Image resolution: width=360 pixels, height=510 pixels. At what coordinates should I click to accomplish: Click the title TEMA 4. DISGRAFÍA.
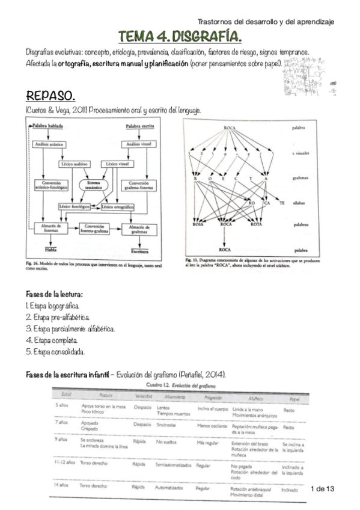click(180, 37)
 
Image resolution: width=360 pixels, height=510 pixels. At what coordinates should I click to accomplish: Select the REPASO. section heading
click(51, 96)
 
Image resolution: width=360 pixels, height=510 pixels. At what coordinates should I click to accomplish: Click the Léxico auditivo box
click(75, 164)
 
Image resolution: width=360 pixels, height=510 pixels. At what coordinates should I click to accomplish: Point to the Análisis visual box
click(138, 144)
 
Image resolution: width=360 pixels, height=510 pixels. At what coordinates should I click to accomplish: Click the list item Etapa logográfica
click(54, 306)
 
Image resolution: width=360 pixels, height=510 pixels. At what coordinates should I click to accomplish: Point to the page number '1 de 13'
click(323, 489)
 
